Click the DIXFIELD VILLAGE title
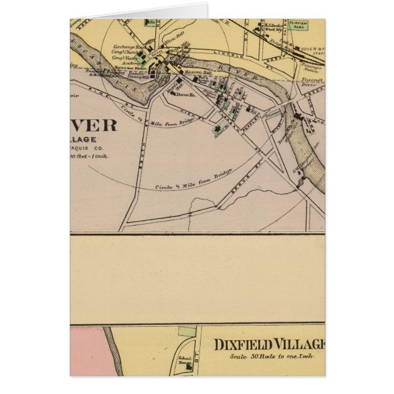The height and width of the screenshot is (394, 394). click(269, 345)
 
